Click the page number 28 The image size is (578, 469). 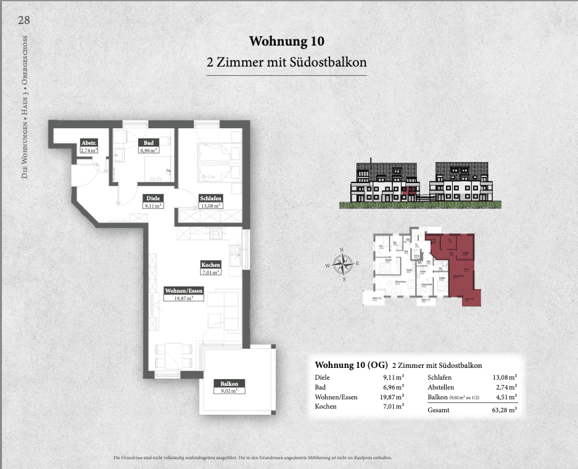[x=24, y=20]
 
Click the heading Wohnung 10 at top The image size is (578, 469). [x=286, y=41]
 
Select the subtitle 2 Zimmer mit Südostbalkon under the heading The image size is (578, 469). [x=286, y=62]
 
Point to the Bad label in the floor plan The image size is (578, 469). [x=147, y=142]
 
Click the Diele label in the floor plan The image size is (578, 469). [x=153, y=198]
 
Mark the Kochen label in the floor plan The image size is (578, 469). [x=210, y=264]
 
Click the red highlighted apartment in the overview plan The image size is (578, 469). [x=460, y=265]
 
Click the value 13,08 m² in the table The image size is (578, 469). [x=504, y=377]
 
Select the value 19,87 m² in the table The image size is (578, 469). [x=392, y=397]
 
